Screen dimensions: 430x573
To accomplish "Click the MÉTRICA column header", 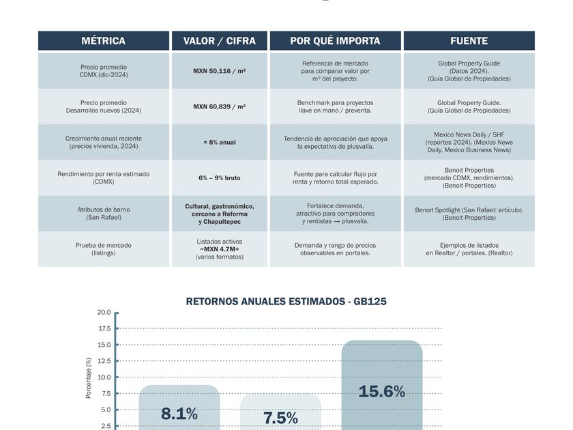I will [x=103, y=41].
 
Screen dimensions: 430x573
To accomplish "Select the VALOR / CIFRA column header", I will [x=220, y=41].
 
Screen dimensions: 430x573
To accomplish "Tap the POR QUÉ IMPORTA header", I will [x=335, y=41].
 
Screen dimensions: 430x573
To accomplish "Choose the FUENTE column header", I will [x=469, y=41].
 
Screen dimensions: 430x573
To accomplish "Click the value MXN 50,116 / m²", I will [x=220, y=71].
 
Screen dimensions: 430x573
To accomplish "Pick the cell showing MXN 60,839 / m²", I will [x=220, y=106].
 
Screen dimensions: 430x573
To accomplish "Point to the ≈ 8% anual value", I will [x=220, y=142].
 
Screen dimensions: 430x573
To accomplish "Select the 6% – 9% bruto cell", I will [x=220, y=178].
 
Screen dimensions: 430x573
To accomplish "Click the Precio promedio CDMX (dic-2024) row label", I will [x=103, y=71].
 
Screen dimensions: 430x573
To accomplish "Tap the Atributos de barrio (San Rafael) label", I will [x=103, y=214].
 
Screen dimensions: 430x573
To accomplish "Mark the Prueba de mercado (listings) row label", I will [x=103, y=249].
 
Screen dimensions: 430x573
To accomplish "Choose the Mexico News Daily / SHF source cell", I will [x=469, y=142].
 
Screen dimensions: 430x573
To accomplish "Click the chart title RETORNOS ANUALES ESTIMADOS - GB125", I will [x=286, y=301].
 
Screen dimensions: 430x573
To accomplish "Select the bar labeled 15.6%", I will [x=382, y=386].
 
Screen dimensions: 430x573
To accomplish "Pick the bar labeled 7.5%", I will [x=280, y=412].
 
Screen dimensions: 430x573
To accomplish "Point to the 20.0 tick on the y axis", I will [x=104, y=313].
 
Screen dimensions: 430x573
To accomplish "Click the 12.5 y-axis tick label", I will [x=104, y=361].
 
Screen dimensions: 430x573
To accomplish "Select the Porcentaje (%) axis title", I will [x=88, y=377].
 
